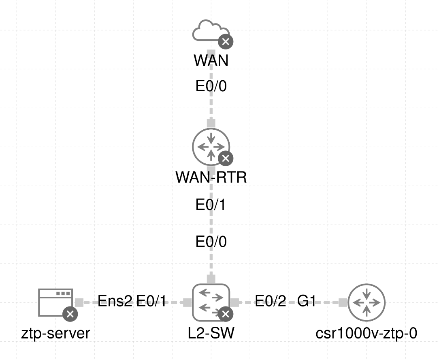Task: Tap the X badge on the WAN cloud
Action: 226,41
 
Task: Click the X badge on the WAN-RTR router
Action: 226,158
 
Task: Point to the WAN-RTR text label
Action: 211,178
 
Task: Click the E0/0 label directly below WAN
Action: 211,87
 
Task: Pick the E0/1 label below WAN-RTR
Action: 211,205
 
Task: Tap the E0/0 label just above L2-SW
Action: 211,242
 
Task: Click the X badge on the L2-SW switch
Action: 226,314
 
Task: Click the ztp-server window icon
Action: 55,302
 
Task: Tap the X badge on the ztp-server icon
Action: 70,314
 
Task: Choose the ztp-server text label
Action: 55,333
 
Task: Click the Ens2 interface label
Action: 115,301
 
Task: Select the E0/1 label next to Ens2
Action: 151,301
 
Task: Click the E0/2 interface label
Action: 271,301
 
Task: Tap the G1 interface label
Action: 307,301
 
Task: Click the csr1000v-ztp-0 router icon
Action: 367,302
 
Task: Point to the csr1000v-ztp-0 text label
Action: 367,333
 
